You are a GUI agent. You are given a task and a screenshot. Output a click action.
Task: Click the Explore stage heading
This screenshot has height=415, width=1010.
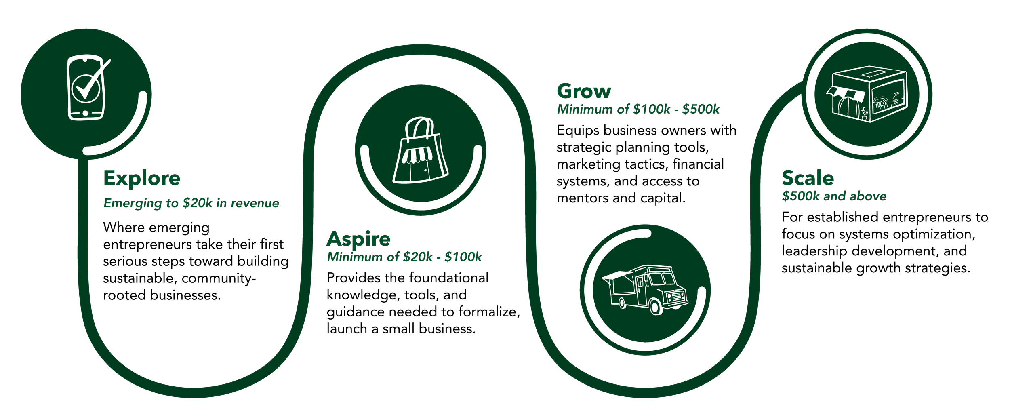(141, 178)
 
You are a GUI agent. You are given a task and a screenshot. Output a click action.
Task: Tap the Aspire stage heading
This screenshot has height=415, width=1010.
(358, 239)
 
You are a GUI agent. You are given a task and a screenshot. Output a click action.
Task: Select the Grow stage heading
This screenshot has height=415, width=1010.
(584, 91)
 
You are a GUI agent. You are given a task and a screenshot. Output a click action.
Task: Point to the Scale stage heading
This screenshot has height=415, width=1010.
(808, 178)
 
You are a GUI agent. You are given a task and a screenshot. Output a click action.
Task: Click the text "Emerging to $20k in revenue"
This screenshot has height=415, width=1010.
(191, 203)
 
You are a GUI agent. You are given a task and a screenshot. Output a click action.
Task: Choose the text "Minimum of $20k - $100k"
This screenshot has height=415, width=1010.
(404, 257)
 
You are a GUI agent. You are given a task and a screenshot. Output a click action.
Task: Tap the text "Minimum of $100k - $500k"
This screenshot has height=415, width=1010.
(638, 110)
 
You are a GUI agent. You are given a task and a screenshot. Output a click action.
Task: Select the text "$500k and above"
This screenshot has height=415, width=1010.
(834, 196)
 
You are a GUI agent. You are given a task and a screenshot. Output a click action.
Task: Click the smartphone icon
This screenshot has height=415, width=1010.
(86, 88)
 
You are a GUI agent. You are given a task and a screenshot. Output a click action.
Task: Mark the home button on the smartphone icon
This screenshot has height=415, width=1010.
(85, 113)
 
